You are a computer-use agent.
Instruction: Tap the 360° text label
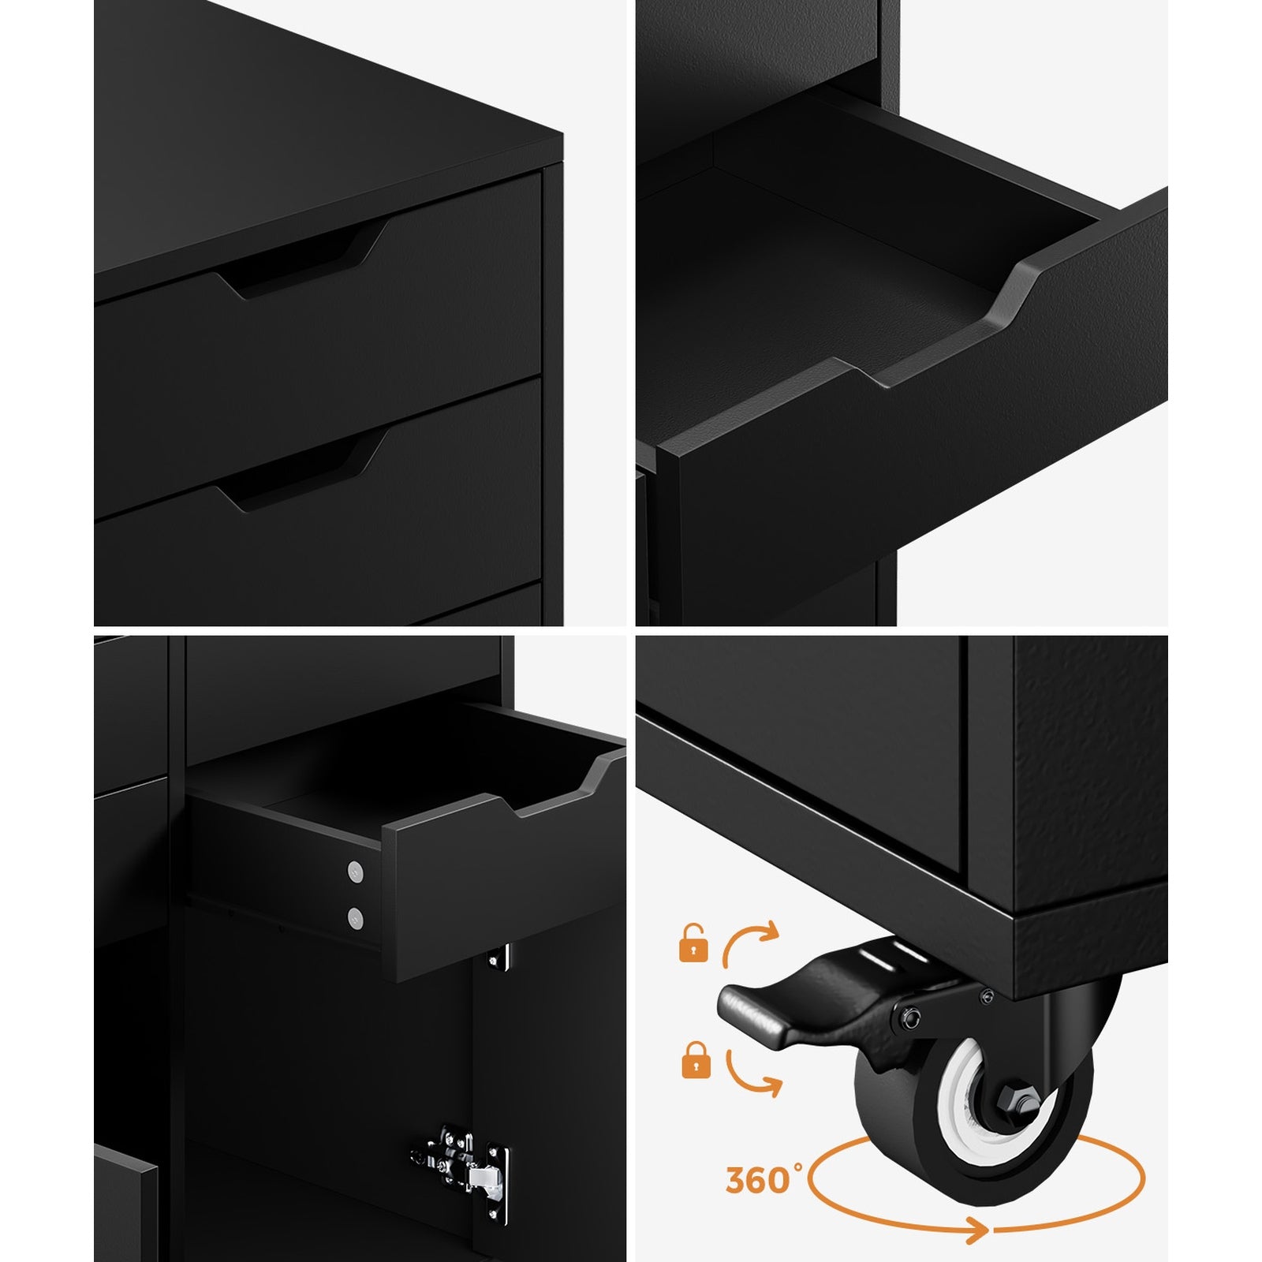[x=758, y=1179]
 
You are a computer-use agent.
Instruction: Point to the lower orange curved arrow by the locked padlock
[x=753, y=1072]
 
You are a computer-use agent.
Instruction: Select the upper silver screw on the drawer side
[x=356, y=872]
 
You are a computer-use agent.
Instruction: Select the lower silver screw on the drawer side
[x=356, y=917]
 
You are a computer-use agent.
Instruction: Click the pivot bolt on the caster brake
[x=910, y=1018]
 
